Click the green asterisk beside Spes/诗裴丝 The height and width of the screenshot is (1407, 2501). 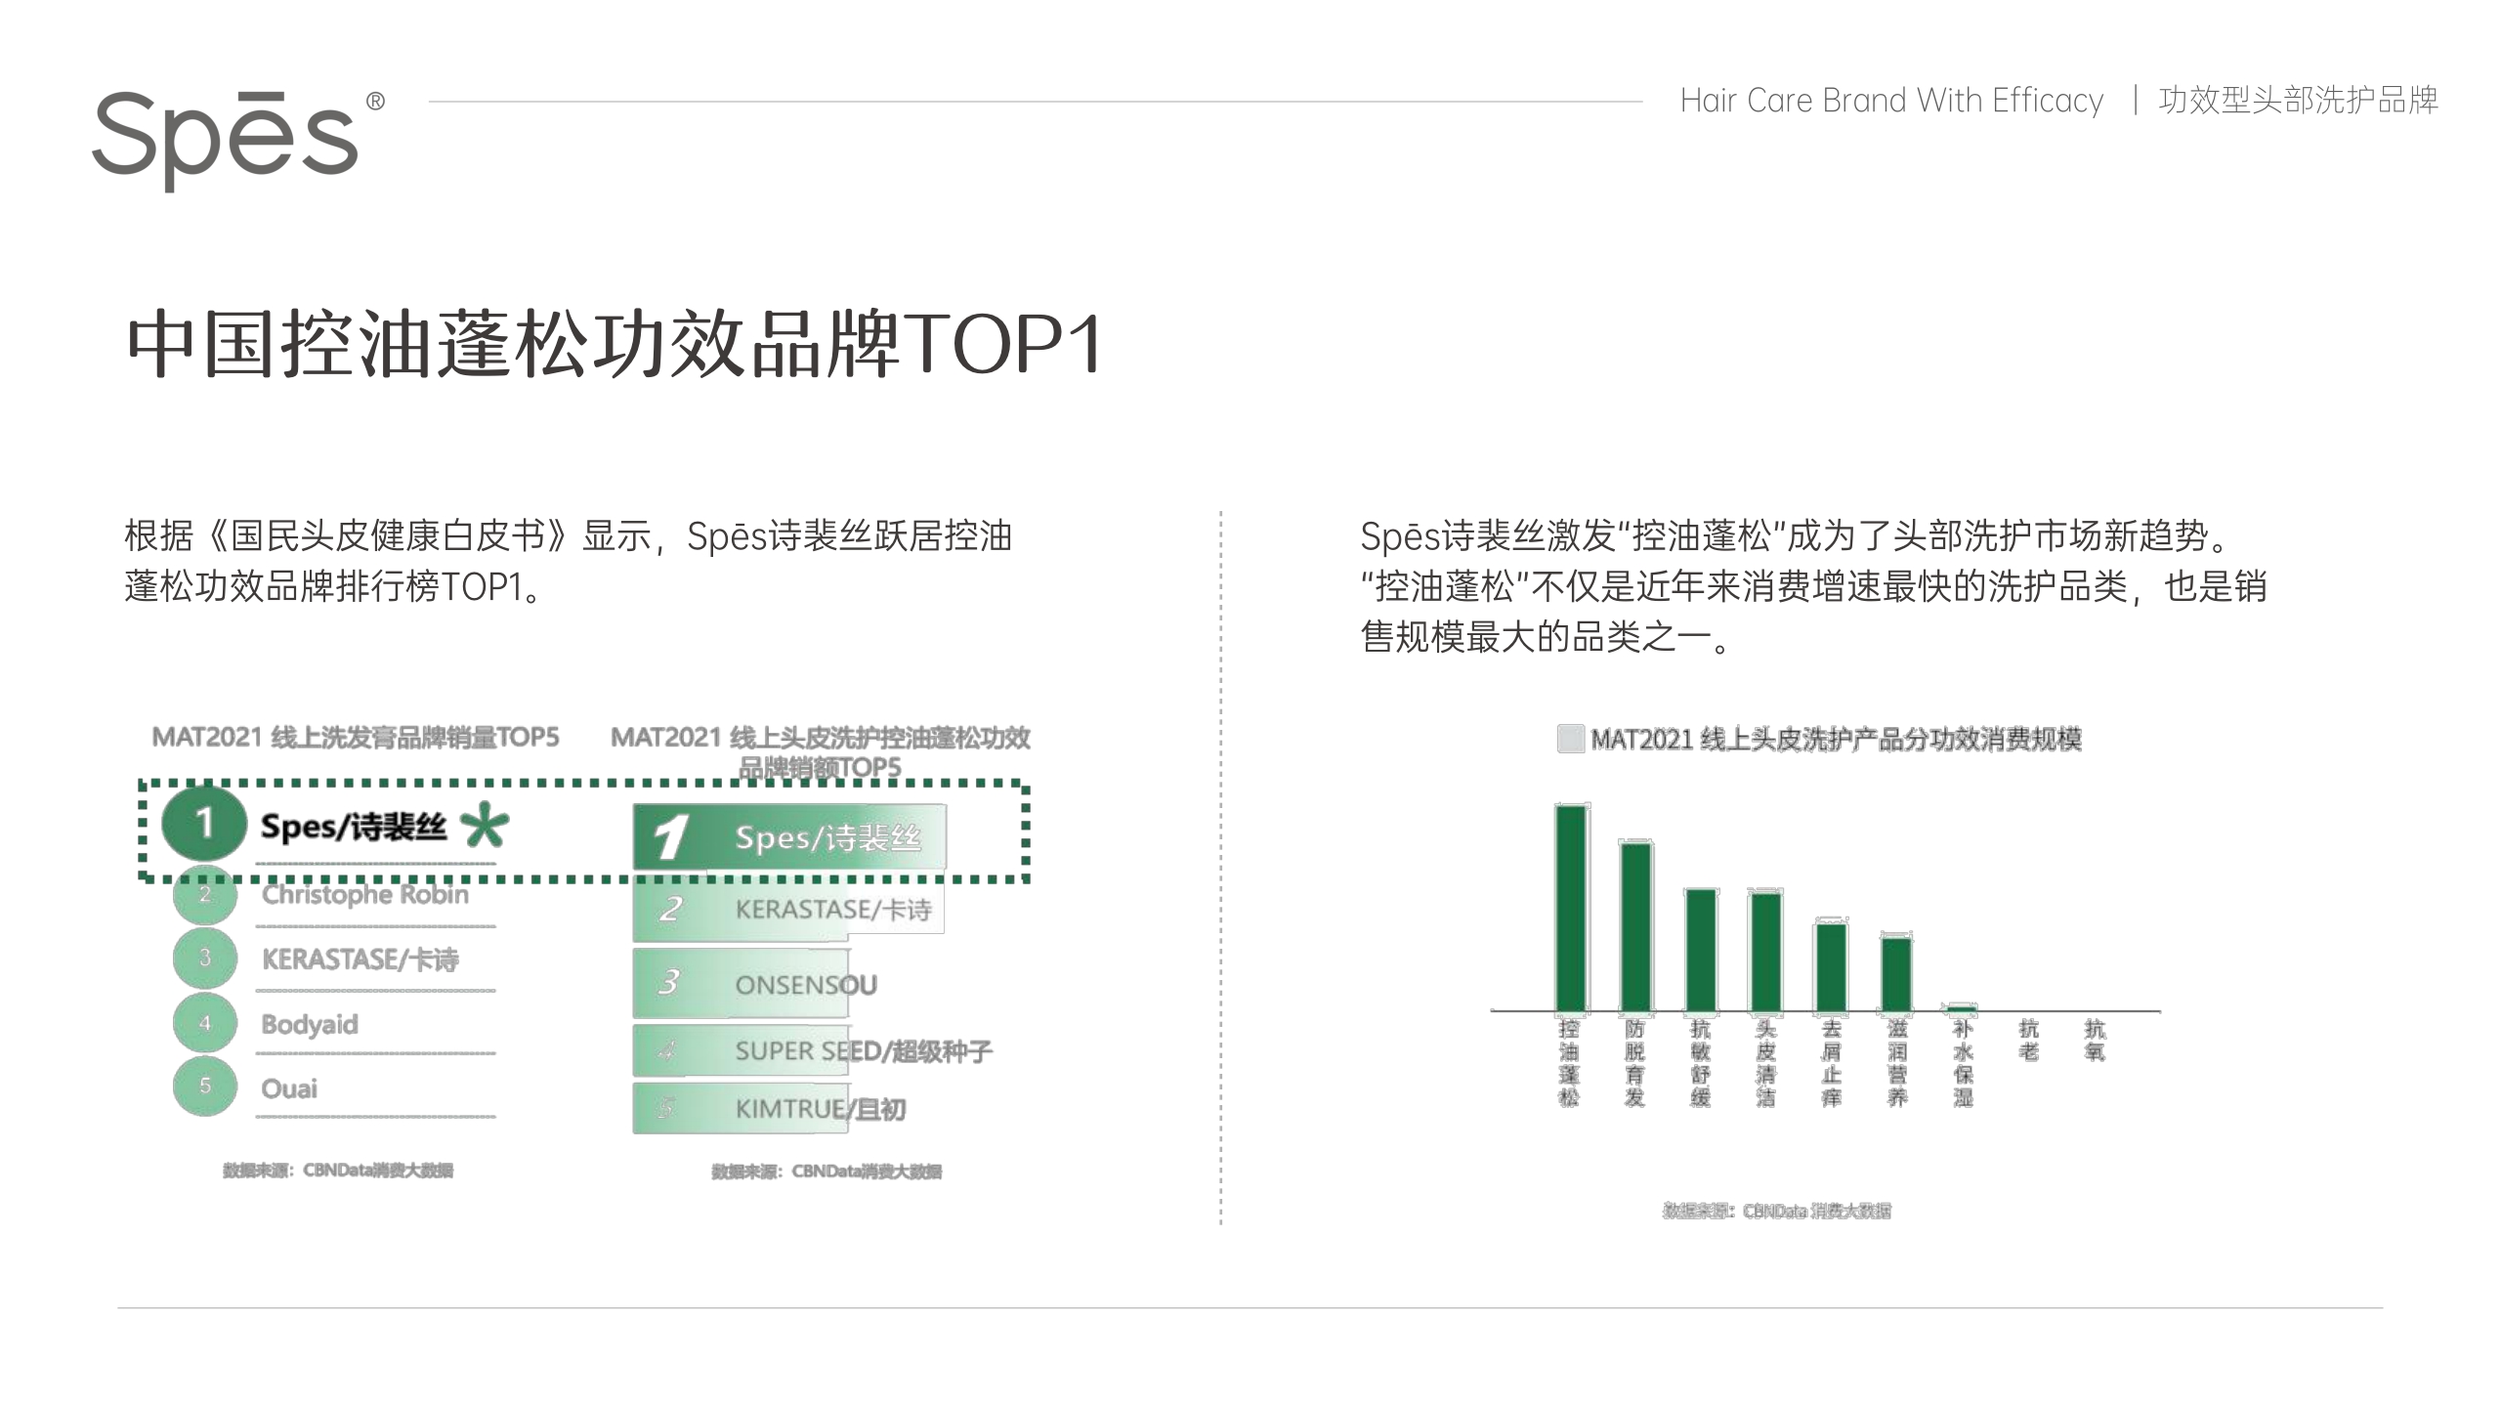click(x=485, y=826)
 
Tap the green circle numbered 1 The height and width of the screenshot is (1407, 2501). click(x=203, y=824)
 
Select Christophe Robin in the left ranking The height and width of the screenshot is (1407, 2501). click(x=364, y=895)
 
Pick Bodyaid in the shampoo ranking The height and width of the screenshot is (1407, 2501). click(x=310, y=1024)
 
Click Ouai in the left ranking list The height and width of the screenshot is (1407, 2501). click(x=289, y=1088)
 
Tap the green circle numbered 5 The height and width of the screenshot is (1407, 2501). click(x=205, y=1086)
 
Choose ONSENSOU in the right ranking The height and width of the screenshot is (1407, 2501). click(x=805, y=984)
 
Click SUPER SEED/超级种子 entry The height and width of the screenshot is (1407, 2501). click(x=863, y=1051)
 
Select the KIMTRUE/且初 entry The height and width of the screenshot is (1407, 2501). click(x=820, y=1109)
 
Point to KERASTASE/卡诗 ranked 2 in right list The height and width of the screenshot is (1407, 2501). click(x=832, y=910)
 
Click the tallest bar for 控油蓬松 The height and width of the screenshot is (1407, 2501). click(x=1571, y=908)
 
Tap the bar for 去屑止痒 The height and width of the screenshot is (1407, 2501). click(x=1831, y=966)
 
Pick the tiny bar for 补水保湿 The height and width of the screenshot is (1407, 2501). click(x=1962, y=1007)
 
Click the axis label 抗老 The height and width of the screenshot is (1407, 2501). click(x=2029, y=1040)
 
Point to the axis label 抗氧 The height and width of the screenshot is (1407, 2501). click(x=2095, y=1040)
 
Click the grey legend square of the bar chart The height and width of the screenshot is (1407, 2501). click(x=1570, y=739)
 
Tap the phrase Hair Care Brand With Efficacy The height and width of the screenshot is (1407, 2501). click(x=1891, y=101)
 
